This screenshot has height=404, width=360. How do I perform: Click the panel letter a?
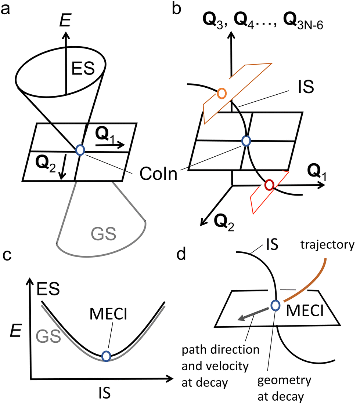pos(6,8)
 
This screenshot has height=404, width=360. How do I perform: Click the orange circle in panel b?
pos(222,94)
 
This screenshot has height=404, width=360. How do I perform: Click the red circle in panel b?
pos(269,185)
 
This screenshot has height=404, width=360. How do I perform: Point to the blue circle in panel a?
pos(80,149)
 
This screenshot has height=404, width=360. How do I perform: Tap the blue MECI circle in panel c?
pos(106,356)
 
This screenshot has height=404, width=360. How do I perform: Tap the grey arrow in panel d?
pos(251,314)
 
